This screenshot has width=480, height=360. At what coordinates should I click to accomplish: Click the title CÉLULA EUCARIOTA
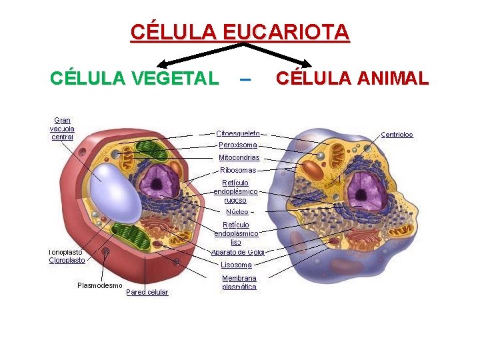(x=239, y=32)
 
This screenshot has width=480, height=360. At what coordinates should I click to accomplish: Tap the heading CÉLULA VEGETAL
(x=134, y=79)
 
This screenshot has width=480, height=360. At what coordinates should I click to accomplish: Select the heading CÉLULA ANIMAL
(x=352, y=79)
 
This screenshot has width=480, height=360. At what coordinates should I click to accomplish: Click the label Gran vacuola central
(x=62, y=129)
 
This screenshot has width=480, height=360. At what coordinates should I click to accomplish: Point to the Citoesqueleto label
(x=238, y=134)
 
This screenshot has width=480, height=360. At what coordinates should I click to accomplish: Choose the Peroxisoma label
(x=238, y=145)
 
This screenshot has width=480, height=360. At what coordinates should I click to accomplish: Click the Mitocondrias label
(x=239, y=158)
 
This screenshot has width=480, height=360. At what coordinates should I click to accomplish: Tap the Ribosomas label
(x=238, y=170)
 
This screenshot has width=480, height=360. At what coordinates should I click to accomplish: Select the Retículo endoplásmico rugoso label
(x=235, y=191)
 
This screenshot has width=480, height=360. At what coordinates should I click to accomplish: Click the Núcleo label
(x=237, y=211)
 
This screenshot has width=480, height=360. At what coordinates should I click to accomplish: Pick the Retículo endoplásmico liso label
(x=236, y=233)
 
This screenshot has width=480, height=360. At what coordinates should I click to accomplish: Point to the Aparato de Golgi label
(x=238, y=252)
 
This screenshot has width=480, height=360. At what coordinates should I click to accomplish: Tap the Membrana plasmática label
(x=239, y=282)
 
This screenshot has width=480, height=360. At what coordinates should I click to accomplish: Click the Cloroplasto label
(x=67, y=261)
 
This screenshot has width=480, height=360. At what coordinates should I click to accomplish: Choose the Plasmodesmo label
(x=100, y=285)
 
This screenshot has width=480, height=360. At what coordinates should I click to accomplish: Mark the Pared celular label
(x=147, y=292)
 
